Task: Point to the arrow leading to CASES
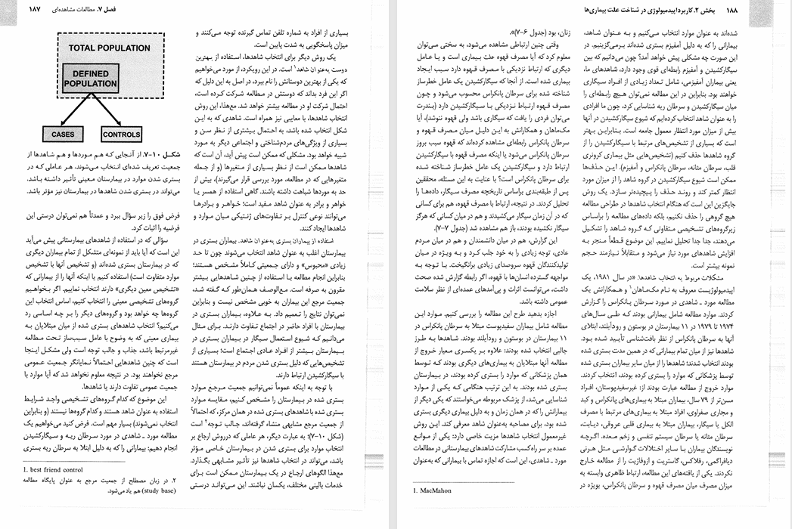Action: [72, 113]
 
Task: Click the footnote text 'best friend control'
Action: [57, 469]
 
